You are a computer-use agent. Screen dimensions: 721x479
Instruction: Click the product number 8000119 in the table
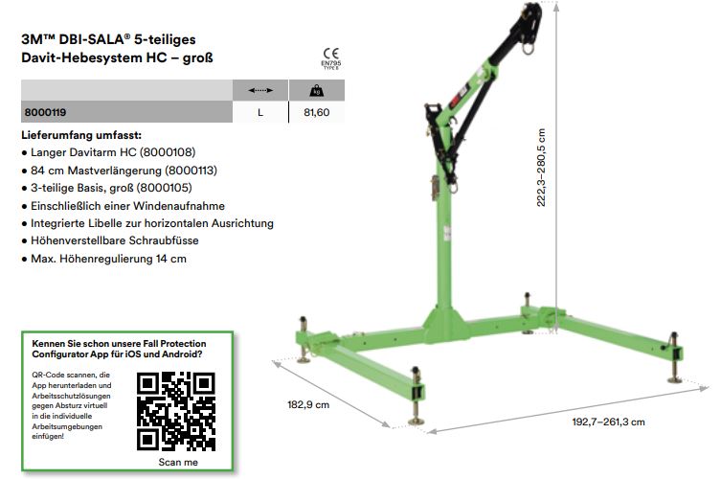tap(45, 112)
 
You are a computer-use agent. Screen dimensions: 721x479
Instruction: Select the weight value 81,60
tap(316, 112)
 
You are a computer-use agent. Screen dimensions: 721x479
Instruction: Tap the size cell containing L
tap(260, 112)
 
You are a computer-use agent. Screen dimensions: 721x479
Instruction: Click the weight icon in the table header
tap(316, 90)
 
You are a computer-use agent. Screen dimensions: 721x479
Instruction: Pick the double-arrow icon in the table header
tap(260, 90)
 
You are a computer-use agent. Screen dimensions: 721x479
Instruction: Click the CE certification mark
tap(330, 54)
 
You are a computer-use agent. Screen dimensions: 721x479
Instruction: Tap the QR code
tap(176, 411)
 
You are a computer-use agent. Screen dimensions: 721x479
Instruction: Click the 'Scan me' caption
tap(178, 462)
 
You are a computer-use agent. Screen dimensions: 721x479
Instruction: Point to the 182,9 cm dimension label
tap(308, 405)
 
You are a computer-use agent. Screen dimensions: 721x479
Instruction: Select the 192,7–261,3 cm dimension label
tap(608, 422)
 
